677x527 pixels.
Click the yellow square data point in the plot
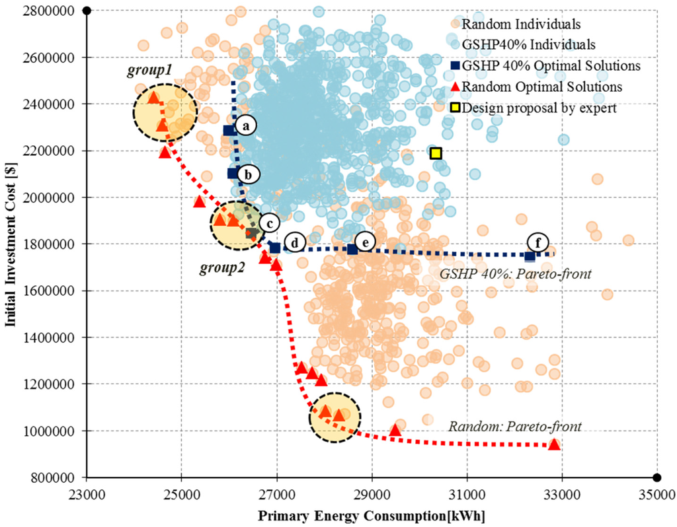click(x=435, y=153)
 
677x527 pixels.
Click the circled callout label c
click(x=268, y=223)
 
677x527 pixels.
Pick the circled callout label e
click(x=364, y=242)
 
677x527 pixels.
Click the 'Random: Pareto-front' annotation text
click(x=515, y=427)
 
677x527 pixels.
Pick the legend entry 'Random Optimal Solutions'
click(x=541, y=87)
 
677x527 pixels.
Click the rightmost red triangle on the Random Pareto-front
click(x=554, y=444)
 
